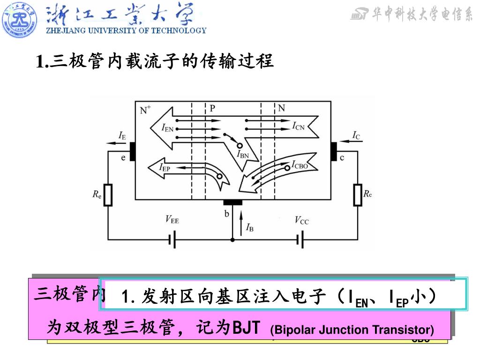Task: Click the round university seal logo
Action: (20, 19)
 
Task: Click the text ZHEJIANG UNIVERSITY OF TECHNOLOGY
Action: (126, 31)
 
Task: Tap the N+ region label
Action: (145, 110)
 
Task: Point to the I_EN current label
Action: (168, 127)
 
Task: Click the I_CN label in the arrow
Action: (299, 126)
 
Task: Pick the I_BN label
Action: (243, 154)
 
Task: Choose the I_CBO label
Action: (300, 164)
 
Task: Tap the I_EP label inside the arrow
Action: (165, 167)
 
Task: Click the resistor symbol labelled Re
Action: (108, 195)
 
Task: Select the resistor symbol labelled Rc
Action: (357, 195)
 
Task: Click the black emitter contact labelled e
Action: (132, 151)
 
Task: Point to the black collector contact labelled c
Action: (334, 151)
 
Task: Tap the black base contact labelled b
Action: (232, 202)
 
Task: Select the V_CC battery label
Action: (301, 219)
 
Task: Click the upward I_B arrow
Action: (241, 222)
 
